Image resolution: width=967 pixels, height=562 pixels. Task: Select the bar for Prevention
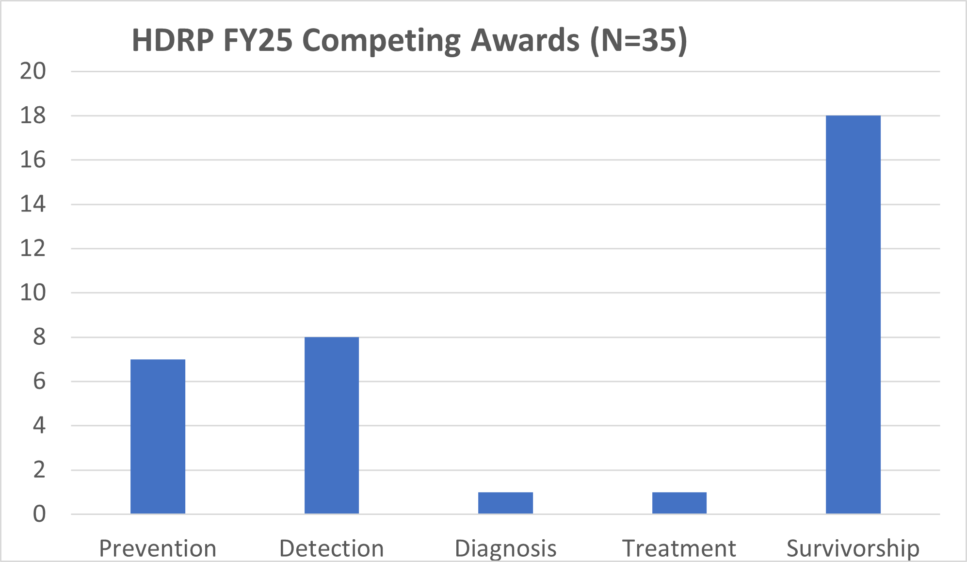click(x=158, y=436)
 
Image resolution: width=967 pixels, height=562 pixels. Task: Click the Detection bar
click(x=332, y=425)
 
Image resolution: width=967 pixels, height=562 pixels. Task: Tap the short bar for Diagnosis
click(x=505, y=503)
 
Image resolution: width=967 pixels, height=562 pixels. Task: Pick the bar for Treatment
click(x=679, y=503)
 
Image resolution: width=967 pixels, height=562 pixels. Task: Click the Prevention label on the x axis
click(x=158, y=548)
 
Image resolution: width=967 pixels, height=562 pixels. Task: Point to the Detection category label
click(x=332, y=548)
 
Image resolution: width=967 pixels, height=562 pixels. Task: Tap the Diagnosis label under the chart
click(x=505, y=548)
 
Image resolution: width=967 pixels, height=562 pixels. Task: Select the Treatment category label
click(x=679, y=548)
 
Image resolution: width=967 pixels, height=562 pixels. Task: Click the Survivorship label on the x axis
click(x=853, y=548)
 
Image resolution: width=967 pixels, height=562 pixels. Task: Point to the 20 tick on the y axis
click(x=32, y=71)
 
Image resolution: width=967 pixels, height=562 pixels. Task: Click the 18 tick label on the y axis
click(x=32, y=116)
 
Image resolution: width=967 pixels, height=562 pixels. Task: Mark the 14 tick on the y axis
click(x=32, y=204)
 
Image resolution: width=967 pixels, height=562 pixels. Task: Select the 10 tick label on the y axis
click(x=32, y=293)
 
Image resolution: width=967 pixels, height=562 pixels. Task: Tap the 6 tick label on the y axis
click(x=39, y=382)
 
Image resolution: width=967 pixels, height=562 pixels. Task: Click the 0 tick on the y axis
click(x=39, y=514)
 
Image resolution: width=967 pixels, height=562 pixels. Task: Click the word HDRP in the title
click(x=172, y=40)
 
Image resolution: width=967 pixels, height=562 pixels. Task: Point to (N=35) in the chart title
click(x=639, y=40)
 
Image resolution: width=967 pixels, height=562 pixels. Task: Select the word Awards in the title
click(x=525, y=40)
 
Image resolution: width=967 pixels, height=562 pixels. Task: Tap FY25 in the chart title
click(x=258, y=40)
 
